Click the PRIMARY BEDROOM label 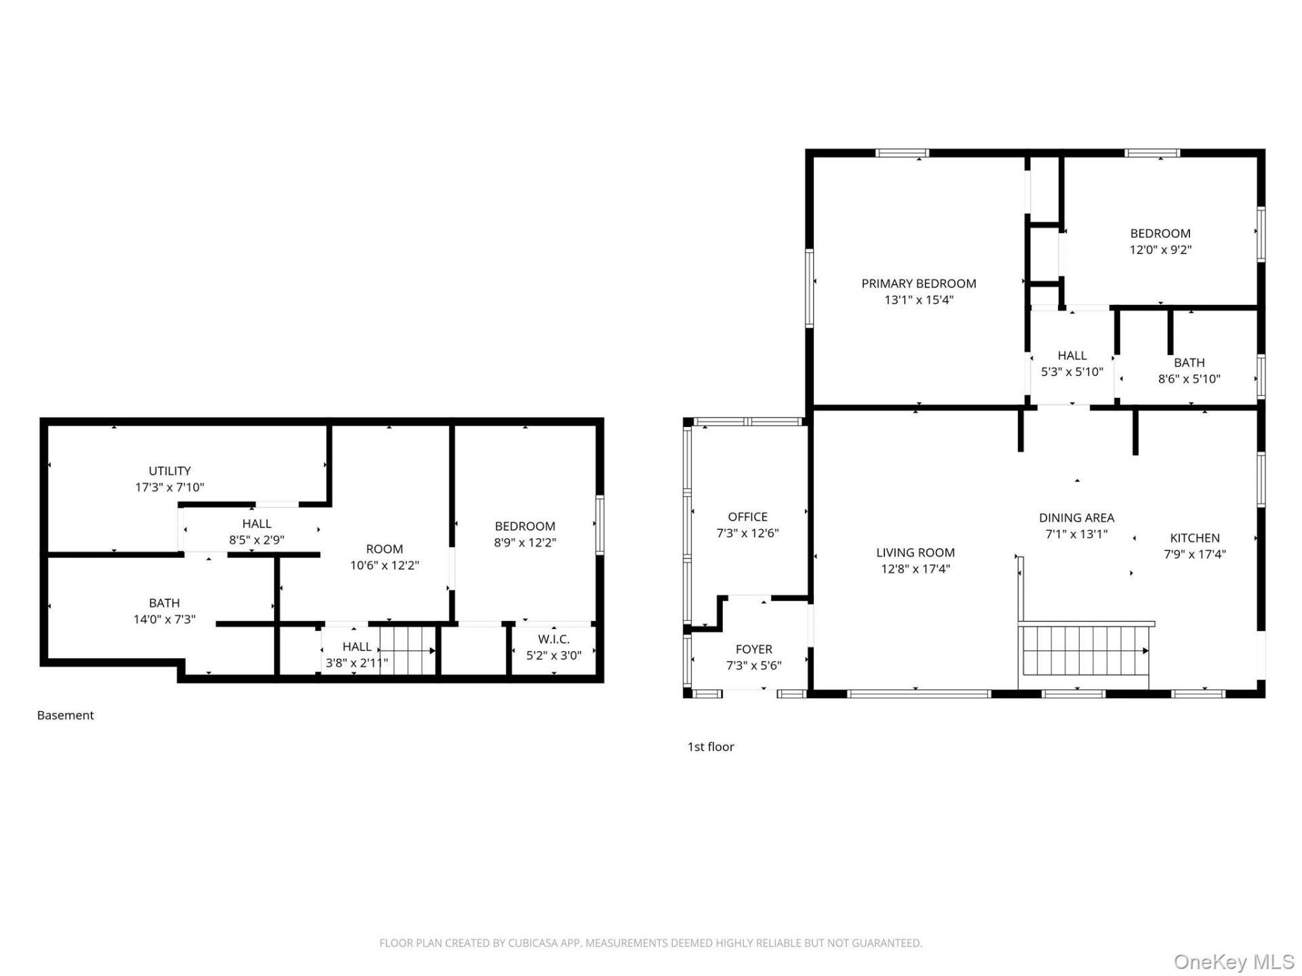919,283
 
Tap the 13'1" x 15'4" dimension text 919,300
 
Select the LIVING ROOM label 915,552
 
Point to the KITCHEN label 1195,537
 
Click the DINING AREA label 1077,518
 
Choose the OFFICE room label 748,516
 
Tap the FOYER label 754,649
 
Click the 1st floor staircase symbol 1084,651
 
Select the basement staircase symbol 408,651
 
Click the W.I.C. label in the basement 554,639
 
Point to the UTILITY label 170,470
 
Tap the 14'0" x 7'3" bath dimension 165,619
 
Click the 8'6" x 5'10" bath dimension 1189,379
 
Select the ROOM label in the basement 384,549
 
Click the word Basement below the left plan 66,715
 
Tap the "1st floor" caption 711,746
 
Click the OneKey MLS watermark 1234,962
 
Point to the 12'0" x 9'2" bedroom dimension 1160,249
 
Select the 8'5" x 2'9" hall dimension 256,540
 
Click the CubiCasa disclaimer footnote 651,943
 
